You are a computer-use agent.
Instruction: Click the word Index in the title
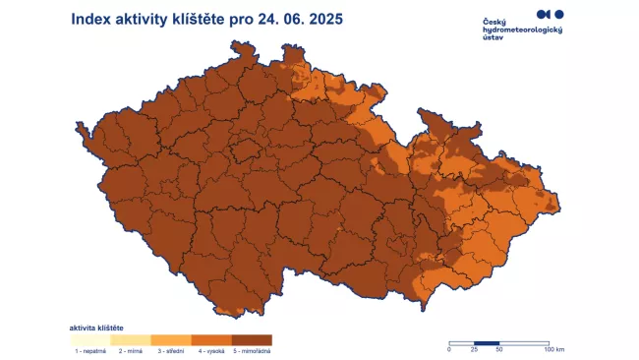tap(91, 19)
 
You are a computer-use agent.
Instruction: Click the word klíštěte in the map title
tap(197, 19)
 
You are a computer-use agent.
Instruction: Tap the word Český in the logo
tap(495, 22)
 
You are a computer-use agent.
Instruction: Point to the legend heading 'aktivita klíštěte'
tap(95, 327)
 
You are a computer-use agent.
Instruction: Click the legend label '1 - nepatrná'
tap(88, 349)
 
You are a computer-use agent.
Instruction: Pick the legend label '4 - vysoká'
tap(210, 349)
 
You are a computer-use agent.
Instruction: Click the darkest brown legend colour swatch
tap(252, 339)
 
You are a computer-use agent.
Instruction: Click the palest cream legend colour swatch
tap(88, 339)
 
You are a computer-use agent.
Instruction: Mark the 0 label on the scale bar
tap(449, 350)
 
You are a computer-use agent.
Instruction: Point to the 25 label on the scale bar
tap(475, 350)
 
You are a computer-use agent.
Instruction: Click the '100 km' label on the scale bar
tap(553, 350)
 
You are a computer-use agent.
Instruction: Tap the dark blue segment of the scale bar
tap(487, 343)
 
